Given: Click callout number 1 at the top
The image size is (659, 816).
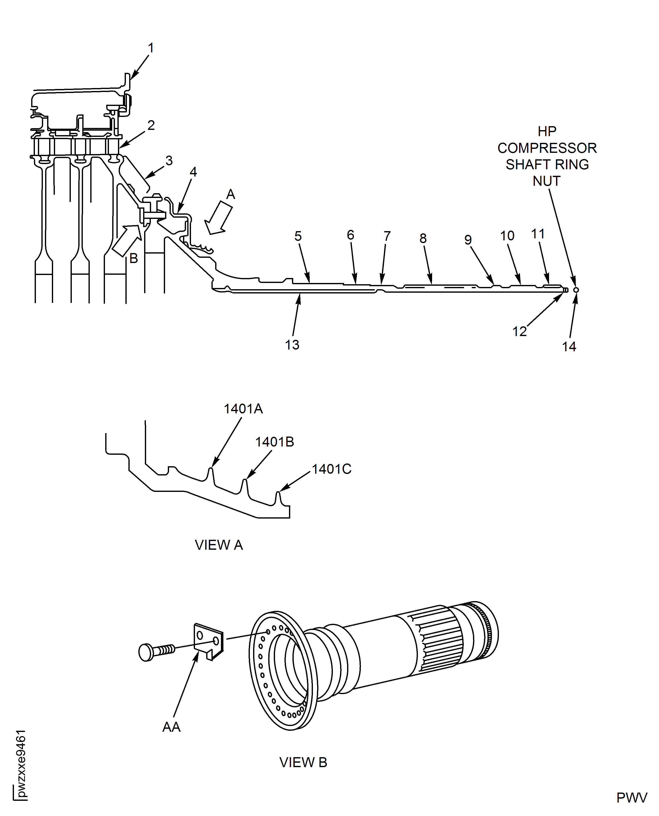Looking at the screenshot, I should [x=151, y=48].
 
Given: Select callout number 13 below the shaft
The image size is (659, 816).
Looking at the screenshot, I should [x=292, y=345].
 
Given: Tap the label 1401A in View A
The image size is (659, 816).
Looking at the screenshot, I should [x=243, y=409].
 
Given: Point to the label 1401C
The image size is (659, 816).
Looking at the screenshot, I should [x=331, y=469].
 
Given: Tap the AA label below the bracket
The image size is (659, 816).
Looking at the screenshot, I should [x=171, y=727].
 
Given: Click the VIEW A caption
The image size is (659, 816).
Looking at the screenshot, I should [x=219, y=545].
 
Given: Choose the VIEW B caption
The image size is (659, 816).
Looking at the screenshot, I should [x=303, y=762].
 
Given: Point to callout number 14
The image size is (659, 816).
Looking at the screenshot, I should [x=569, y=347].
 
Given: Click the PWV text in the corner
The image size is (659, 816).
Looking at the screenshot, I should [x=631, y=797].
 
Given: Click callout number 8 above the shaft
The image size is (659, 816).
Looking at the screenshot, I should [x=423, y=238].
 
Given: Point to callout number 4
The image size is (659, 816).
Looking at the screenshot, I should [x=193, y=172].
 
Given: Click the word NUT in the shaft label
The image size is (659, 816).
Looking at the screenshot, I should [x=546, y=181].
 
